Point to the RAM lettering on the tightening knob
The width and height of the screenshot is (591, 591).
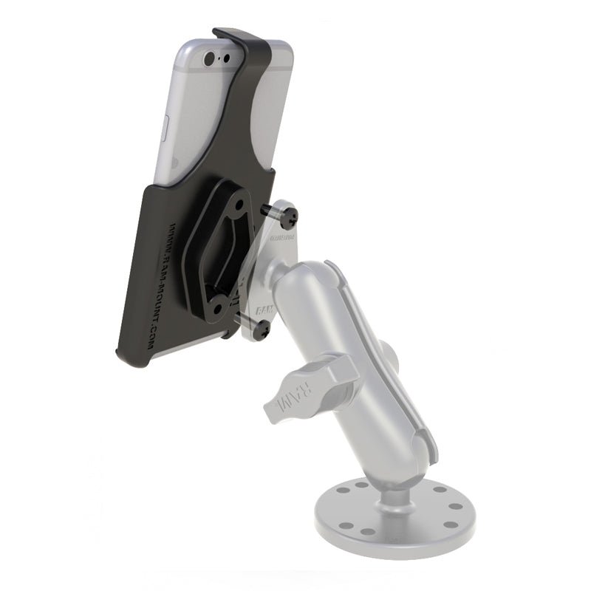pos(288,400)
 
